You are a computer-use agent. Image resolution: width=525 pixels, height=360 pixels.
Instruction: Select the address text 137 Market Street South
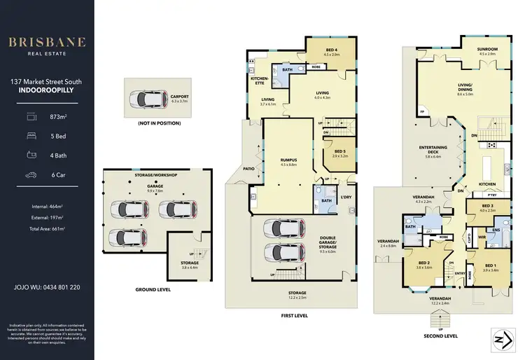(x=47, y=82)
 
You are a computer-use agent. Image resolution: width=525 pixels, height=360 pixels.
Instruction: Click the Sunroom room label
(x=486, y=51)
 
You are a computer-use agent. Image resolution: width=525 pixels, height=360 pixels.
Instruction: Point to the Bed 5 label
(x=339, y=151)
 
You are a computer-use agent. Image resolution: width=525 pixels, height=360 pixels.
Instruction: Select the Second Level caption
(x=441, y=335)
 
